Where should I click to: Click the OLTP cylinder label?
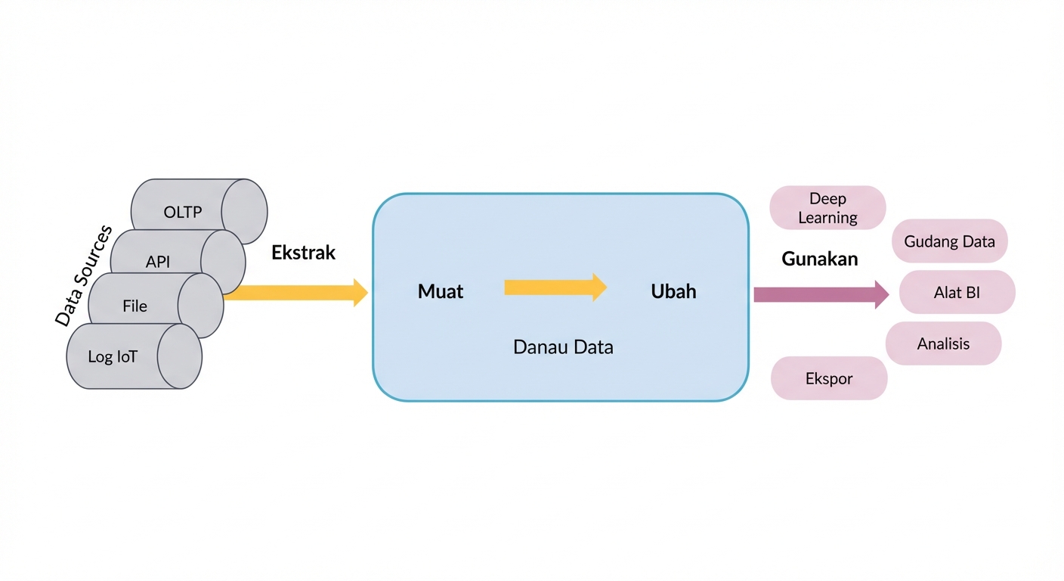(x=183, y=212)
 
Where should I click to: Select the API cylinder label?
(x=158, y=263)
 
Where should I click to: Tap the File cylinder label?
(x=135, y=306)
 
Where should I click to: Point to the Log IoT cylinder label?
(x=113, y=356)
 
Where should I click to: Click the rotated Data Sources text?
(x=83, y=275)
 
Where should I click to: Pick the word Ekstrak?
(x=303, y=253)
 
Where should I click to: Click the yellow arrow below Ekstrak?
(x=295, y=293)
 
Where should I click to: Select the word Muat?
(x=441, y=291)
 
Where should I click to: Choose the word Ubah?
(x=673, y=291)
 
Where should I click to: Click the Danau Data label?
(x=563, y=347)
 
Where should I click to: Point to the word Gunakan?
(x=820, y=259)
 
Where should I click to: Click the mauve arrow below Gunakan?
(x=821, y=294)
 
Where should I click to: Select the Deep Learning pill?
(x=827, y=208)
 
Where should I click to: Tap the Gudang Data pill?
(x=950, y=242)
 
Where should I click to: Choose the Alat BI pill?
(x=957, y=292)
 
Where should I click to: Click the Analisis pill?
(x=943, y=343)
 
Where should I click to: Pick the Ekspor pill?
(x=829, y=378)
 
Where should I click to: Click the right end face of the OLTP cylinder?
(x=245, y=211)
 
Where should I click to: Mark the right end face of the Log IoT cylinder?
(x=179, y=356)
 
